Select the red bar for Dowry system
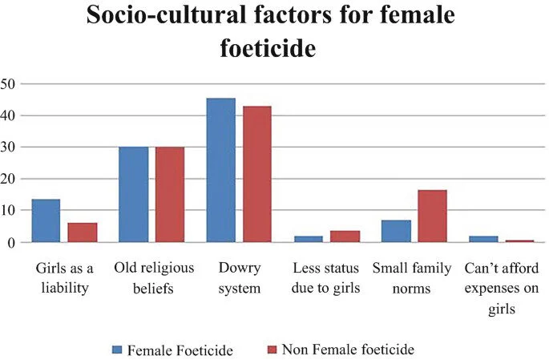[257, 174]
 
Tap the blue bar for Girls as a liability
[46, 220]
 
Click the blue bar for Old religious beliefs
[134, 194]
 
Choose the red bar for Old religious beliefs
[170, 194]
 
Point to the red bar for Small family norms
[432, 216]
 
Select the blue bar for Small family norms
[396, 231]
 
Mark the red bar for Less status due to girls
[345, 236]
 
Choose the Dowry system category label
[239, 277]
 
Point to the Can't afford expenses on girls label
[501, 286]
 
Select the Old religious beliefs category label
[151, 277]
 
